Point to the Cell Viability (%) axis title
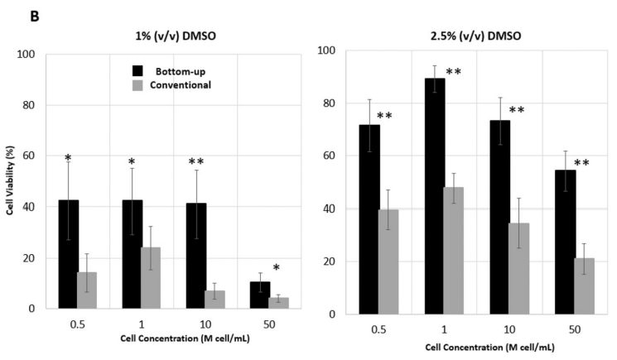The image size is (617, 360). point(10,182)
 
